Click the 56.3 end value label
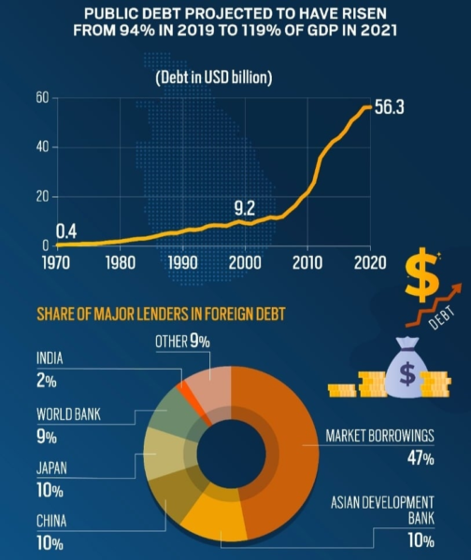390,107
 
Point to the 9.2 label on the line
245,208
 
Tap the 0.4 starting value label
66,231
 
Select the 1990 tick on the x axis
182,263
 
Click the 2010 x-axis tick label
307,263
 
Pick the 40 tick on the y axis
42,147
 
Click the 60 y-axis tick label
42,97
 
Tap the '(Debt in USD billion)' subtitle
214,77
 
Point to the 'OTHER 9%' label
182,341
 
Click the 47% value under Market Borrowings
421,458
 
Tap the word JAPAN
51,468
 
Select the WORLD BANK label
68,414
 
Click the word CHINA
51,521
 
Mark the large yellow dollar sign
422,275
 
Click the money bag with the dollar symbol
407,369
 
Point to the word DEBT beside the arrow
442,317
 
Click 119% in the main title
261,30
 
